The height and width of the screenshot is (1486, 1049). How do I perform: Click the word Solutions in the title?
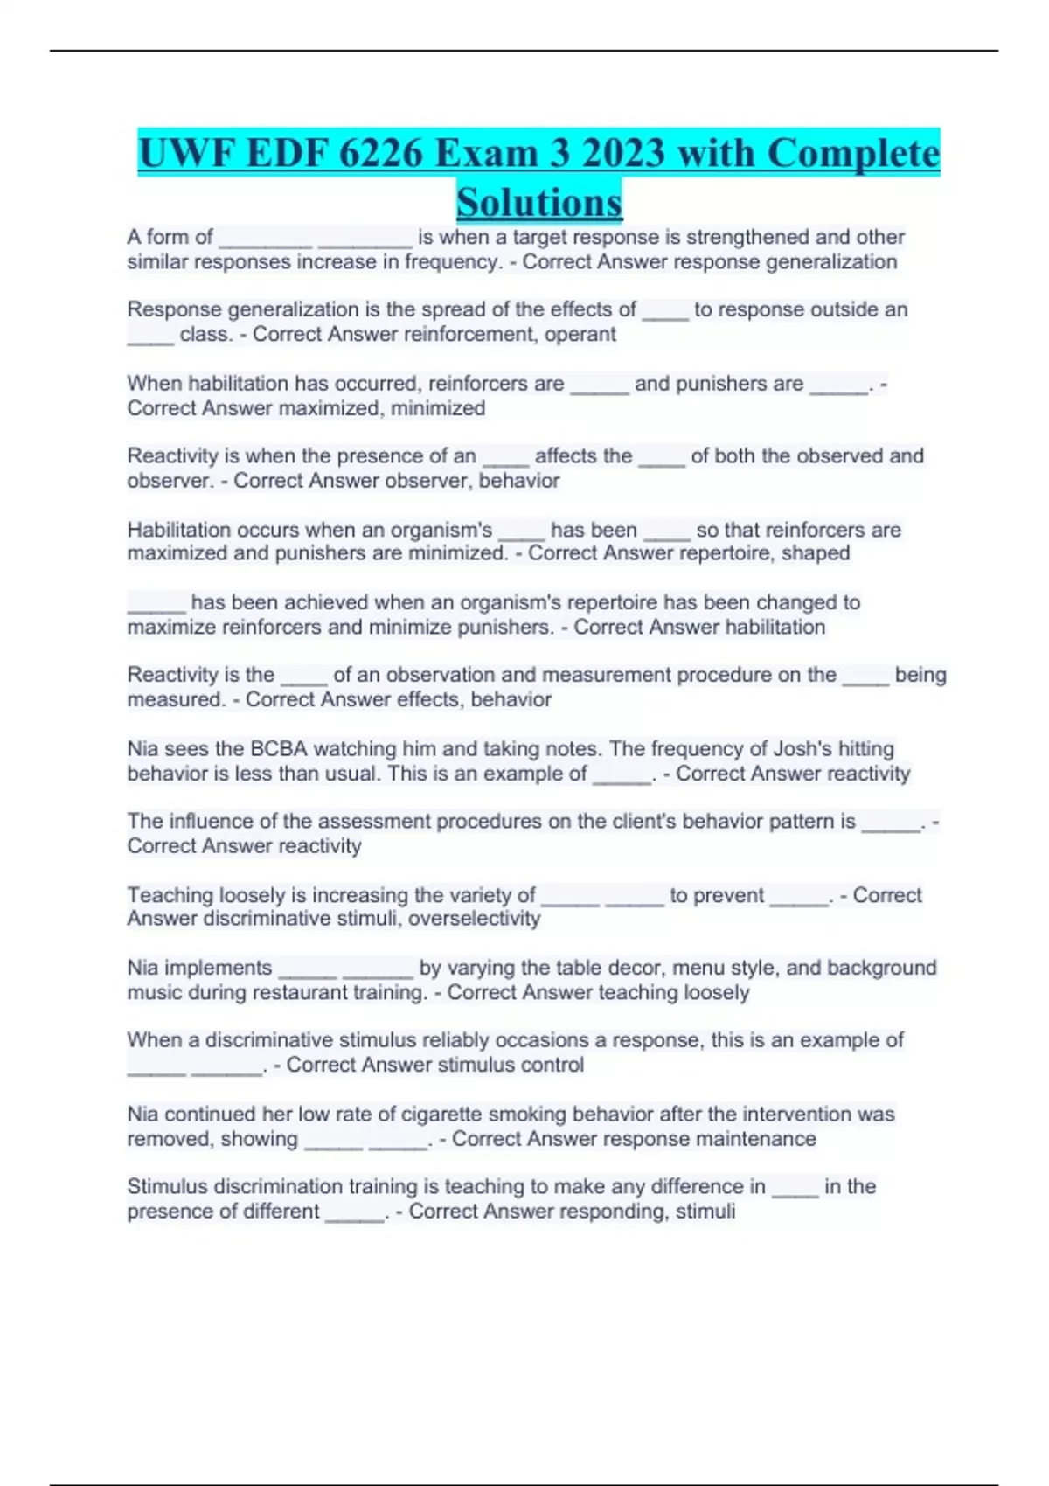538,202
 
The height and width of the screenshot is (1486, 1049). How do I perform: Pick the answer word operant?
580,334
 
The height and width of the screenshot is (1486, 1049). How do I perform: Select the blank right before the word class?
150,337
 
